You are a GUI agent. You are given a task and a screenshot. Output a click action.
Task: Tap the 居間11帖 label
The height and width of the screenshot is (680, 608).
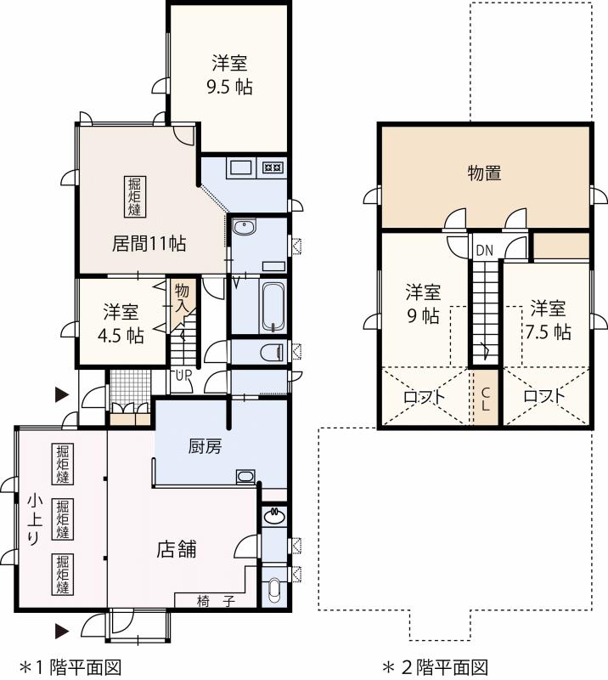point(149,243)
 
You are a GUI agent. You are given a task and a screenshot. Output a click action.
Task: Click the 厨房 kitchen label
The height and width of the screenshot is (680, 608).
point(205,445)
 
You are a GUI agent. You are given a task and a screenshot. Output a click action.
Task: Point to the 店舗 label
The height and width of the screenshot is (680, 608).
point(177,549)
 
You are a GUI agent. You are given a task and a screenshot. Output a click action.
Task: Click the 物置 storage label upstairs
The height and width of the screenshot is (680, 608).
point(484,173)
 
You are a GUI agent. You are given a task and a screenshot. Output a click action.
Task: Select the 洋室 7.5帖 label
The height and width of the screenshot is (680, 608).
point(548,320)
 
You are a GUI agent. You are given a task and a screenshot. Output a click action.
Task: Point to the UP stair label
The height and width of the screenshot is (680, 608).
point(183,375)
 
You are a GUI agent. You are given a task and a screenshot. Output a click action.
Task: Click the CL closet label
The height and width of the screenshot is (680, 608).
point(485,399)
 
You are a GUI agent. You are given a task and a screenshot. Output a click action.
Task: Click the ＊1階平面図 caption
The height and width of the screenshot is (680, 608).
point(71,666)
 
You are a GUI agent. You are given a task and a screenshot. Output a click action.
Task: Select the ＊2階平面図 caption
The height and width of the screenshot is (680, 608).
point(434,666)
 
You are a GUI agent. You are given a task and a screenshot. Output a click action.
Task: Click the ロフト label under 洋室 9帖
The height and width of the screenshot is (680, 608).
point(422,396)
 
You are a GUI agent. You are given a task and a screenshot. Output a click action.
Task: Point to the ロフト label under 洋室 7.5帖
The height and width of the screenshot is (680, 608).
point(543,396)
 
